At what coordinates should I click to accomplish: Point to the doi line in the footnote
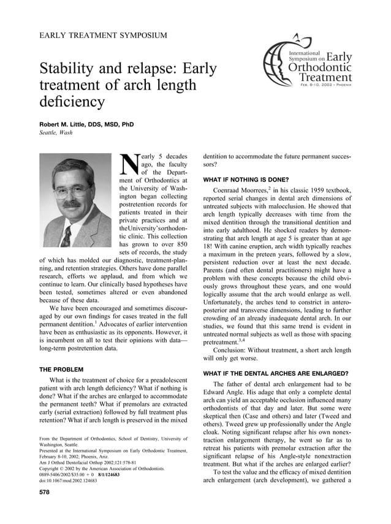(67, 480)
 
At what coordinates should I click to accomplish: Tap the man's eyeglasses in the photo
(72, 191)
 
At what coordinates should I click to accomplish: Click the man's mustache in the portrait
(72, 203)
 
